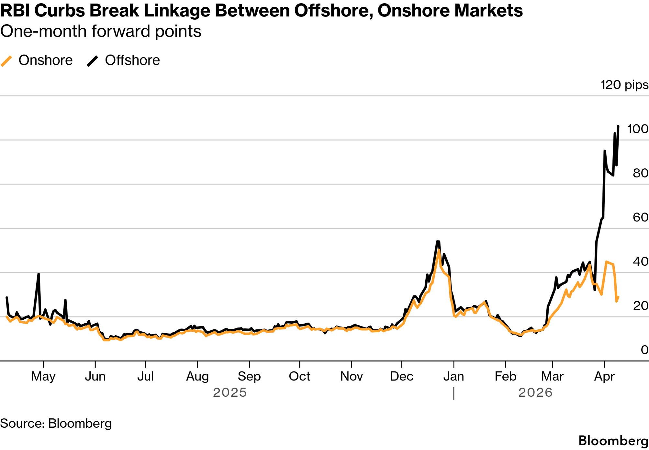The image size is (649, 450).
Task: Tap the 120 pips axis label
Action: click(x=624, y=85)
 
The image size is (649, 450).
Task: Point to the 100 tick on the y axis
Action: click(x=637, y=129)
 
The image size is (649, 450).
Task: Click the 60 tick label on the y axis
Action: click(x=640, y=217)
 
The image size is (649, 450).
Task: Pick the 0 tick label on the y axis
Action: click(x=644, y=350)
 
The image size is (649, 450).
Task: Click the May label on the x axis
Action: click(x=43, y=376)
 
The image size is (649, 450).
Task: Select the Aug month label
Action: click(x=197, y=376)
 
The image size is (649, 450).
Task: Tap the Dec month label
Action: click(x=402, y=376)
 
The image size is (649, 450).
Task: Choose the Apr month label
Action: click(x=604, y=376)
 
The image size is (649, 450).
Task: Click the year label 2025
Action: click(x=230, y=392)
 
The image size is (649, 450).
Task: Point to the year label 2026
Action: click(x=535, y=392)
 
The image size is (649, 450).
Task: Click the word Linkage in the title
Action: click(x=176, y=11)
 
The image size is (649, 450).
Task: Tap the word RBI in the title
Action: click(x=15, y=11)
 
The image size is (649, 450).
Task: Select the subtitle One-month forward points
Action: click(x=101, y=31)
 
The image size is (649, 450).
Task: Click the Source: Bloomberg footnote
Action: click(x=56, y=423)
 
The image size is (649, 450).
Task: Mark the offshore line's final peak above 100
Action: click(x=618, y=126)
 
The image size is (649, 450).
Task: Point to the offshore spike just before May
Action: click(x=39, y=274)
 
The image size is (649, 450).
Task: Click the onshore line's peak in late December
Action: click(x=439, y=250)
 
